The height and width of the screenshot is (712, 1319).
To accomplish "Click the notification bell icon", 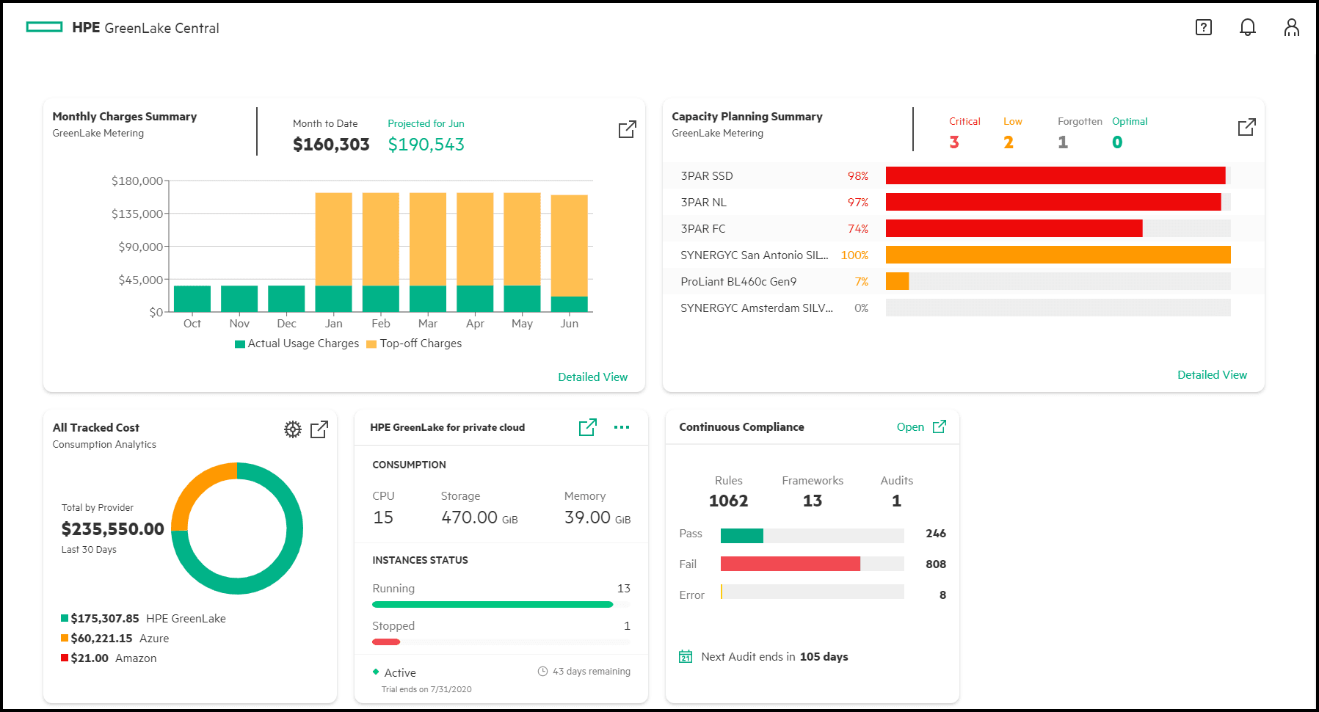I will (1247, 28).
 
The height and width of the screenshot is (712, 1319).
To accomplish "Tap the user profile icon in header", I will (1291, 28).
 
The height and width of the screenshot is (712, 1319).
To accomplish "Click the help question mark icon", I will (1203, 28).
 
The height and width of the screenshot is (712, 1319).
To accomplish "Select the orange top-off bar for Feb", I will (380, 239).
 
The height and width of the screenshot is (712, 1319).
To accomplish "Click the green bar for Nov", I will (239, 299).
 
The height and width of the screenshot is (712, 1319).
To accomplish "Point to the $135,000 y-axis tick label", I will (137, 214).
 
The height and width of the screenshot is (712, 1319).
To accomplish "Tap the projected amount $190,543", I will (426, 145).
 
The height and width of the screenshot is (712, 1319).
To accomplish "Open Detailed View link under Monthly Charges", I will (592, 377).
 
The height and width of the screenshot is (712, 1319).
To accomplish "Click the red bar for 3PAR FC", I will (1013, 228).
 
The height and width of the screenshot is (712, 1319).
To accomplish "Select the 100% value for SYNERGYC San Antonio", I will (854, 255).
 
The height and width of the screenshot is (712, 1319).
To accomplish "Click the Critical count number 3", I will (953, 142).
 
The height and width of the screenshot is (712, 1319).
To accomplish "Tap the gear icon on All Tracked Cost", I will (292, 429).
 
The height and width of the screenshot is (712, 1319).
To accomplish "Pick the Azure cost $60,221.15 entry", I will (101, 639).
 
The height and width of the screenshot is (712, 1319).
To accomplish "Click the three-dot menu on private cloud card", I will (622, 427).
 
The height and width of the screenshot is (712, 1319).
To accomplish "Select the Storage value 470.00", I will (470, 517).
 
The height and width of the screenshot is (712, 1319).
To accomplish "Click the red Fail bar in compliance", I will (790, 564).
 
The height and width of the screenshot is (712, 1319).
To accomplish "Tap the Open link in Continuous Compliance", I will (910, 427).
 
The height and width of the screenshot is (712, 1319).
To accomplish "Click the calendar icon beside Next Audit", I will (686, 657).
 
